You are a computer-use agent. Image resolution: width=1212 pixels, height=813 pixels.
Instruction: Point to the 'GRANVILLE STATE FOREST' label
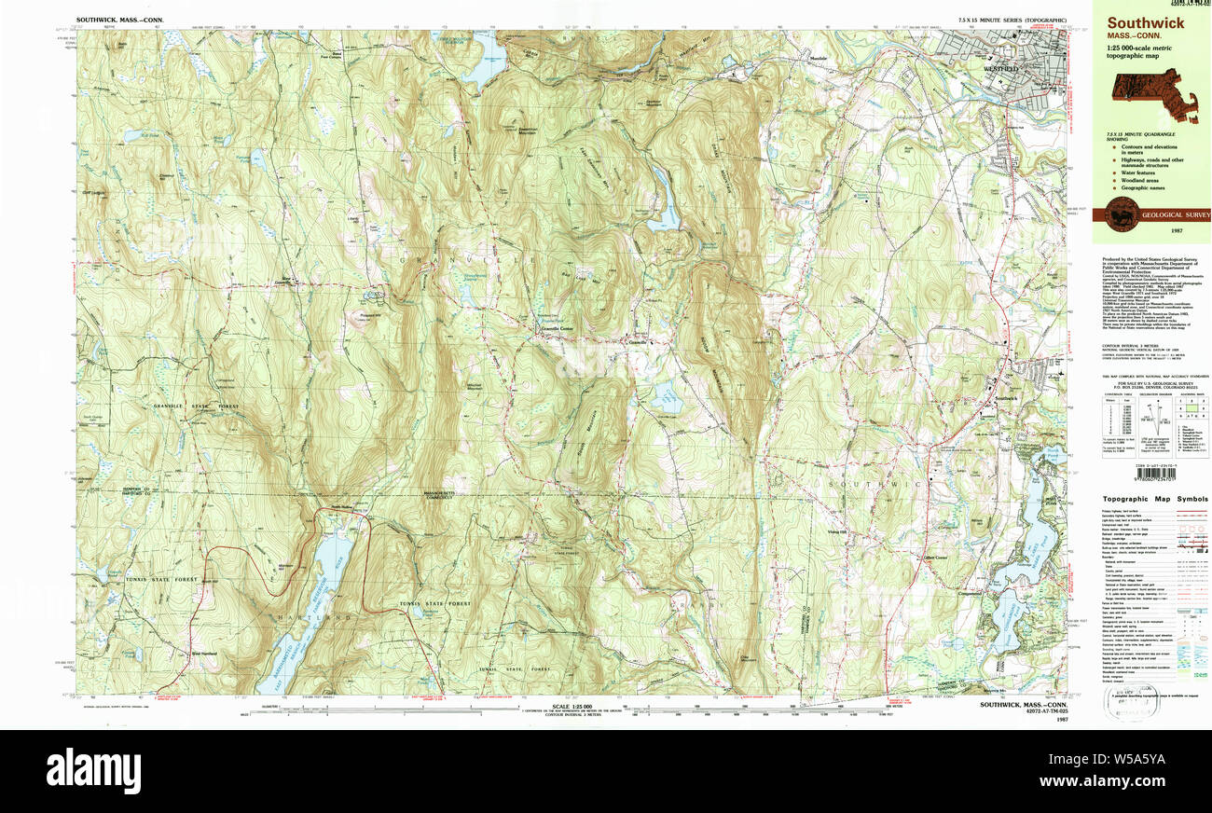click(x=196, y=406)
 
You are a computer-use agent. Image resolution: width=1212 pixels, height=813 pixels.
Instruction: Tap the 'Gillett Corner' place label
click(x=934, y=558)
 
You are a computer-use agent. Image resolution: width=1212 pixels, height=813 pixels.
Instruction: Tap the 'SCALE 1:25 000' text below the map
click(x=573, y=708)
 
